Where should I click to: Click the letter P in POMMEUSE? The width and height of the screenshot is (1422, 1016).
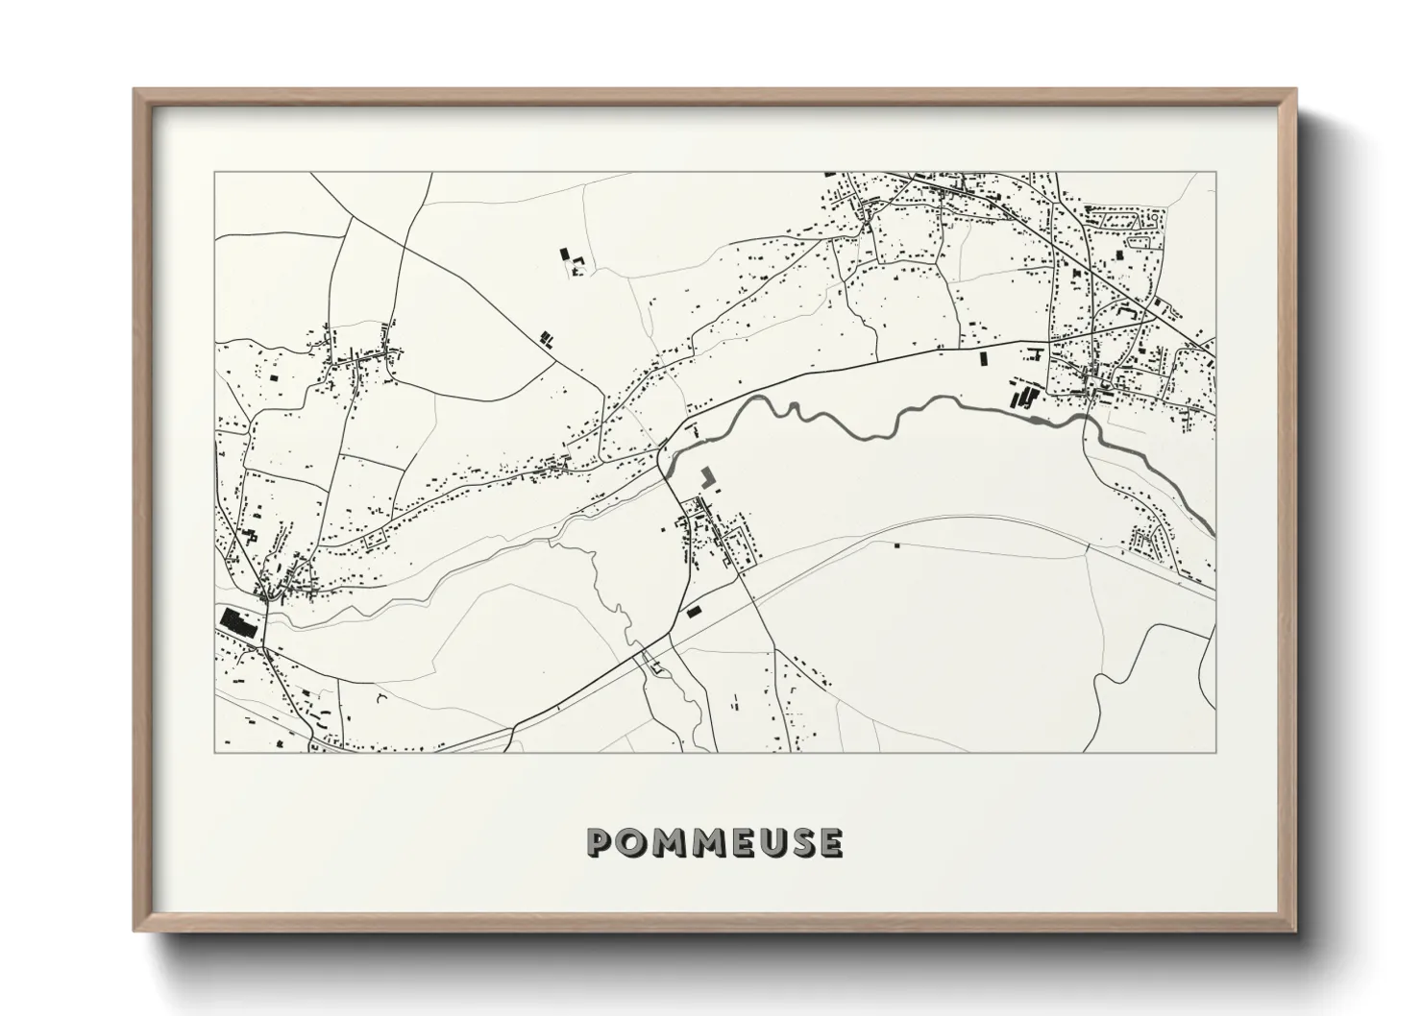(600, 842)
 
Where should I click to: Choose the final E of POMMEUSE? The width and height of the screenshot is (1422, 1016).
(829, 842)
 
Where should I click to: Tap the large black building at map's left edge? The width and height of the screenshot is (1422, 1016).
(237, 622)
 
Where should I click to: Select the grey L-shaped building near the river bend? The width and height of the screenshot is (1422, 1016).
(709, 477)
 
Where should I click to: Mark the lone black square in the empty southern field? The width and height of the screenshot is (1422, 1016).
(896, 545)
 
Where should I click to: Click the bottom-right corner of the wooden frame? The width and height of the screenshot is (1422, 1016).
(1295, 931)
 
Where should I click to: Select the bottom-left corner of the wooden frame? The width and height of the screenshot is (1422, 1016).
(135, 931)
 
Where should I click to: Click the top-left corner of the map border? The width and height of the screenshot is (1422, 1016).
(214, 173)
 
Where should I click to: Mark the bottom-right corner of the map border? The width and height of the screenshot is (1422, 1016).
(1215, 752)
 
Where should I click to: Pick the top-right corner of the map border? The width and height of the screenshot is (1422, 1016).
(1215, 173)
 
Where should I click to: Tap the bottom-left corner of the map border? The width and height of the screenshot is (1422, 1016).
(214, 752)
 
